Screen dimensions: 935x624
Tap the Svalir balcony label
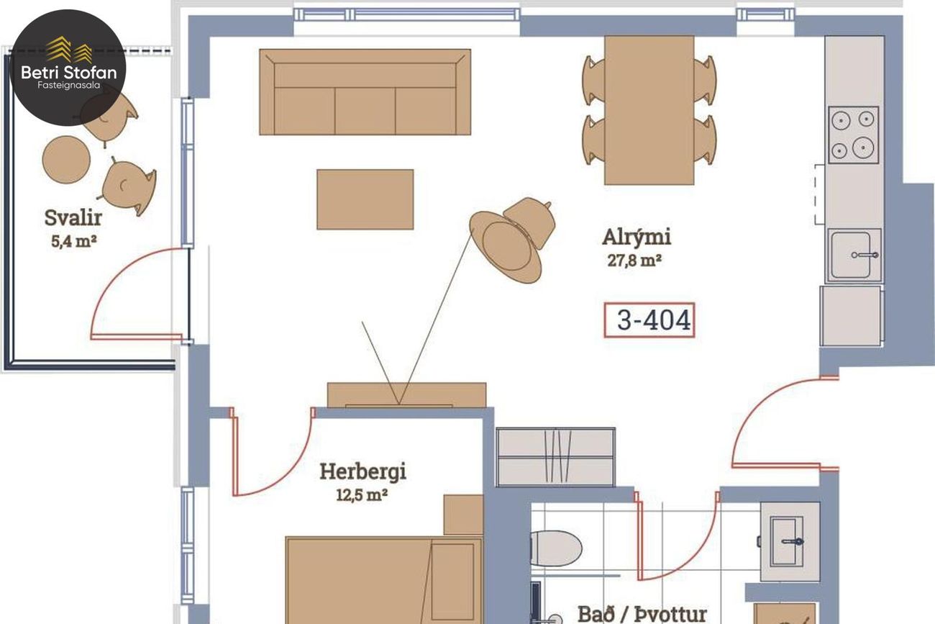(x=73, y=217)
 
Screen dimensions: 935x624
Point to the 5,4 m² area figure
(x=74, y=241)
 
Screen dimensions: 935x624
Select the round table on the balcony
(x=66, y=160)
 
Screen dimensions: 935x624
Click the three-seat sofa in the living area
(x=365, y=92)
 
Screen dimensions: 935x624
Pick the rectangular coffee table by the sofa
(x=365, y=199)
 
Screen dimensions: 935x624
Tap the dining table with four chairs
(x=649, y=110)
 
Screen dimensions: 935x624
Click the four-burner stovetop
(x=853, y=135)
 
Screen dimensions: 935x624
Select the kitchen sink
(x=854, y=255)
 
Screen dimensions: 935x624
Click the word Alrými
(x=637, y=237)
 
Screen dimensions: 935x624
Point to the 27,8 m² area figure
(x=634, y=261)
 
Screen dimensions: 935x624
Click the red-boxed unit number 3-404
(x=649, y=320)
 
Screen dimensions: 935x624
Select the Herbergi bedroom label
(x=362, y=472)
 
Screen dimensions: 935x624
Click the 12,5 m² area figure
(x=362, y=495)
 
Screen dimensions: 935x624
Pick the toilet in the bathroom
(x=556, y=548)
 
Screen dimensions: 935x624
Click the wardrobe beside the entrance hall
(x=555, y=457)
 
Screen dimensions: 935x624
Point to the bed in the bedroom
(x=384, y=581)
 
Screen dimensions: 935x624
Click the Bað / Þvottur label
(x=642, y=614)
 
